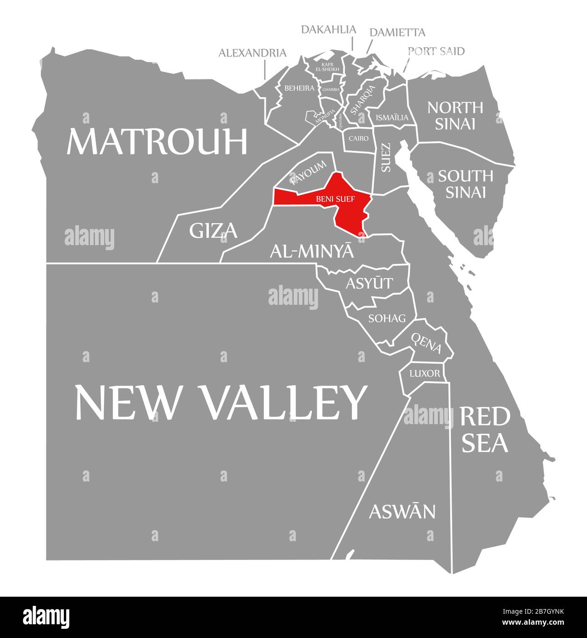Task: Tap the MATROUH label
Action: click(157, 141)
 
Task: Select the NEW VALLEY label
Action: click(221, 402)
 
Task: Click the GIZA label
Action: click(213, 230)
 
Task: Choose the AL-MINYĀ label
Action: click(312, 251)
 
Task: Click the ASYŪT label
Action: click(369, 283)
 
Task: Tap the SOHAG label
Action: click(387, 318)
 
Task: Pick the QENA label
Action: click(426, 343)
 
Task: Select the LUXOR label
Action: click(425, 374)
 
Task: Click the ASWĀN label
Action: click(402, 511)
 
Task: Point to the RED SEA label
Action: click(485, 430)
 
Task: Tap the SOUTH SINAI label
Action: click(465, 184)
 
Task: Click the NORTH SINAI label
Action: click(455, 115)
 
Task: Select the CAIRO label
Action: click(358, 138)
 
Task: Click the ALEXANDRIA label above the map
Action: click(252, 53)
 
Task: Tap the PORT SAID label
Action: click(436, 51)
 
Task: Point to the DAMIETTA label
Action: click(397, 32)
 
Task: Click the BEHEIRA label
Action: click(299, 88)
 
